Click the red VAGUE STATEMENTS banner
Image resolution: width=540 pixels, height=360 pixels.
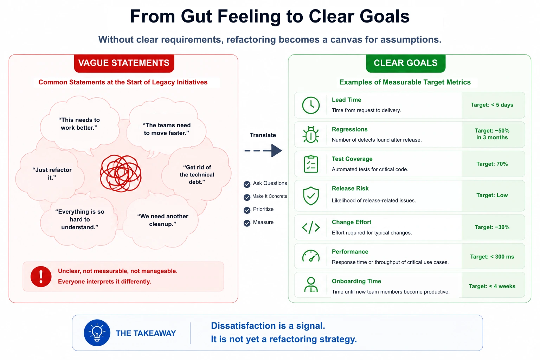tap(124, 63)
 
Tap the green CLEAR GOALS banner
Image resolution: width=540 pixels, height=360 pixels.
tap(405, 63)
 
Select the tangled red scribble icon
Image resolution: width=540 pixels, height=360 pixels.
tap(121, 173)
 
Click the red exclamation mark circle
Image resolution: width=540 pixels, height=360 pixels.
tap(41, 277)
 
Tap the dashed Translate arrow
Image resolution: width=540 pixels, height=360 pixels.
tap(263, 151)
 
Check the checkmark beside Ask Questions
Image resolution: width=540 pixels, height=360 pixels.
tap(247, 185)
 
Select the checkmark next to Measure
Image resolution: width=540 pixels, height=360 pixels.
tap(247, 223)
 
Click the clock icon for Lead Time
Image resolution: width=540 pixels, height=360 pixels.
tap(311, 105)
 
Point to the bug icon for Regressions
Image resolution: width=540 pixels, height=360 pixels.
tap(311, 135)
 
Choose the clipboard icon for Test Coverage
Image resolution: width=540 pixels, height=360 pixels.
tap(311, 164)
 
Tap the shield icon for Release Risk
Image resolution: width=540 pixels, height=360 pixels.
tap(311, 196)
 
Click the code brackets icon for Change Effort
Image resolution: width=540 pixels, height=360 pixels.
tap(311, 227)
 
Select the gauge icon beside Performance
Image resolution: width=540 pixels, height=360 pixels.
tap(311, 256)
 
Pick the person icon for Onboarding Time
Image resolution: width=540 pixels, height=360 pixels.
tap(311, 285)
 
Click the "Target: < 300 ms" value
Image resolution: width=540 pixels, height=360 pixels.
tap(492, 257)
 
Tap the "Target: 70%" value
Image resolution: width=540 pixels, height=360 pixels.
tap(492, 164)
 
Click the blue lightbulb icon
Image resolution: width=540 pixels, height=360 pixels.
tap(97, 333)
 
